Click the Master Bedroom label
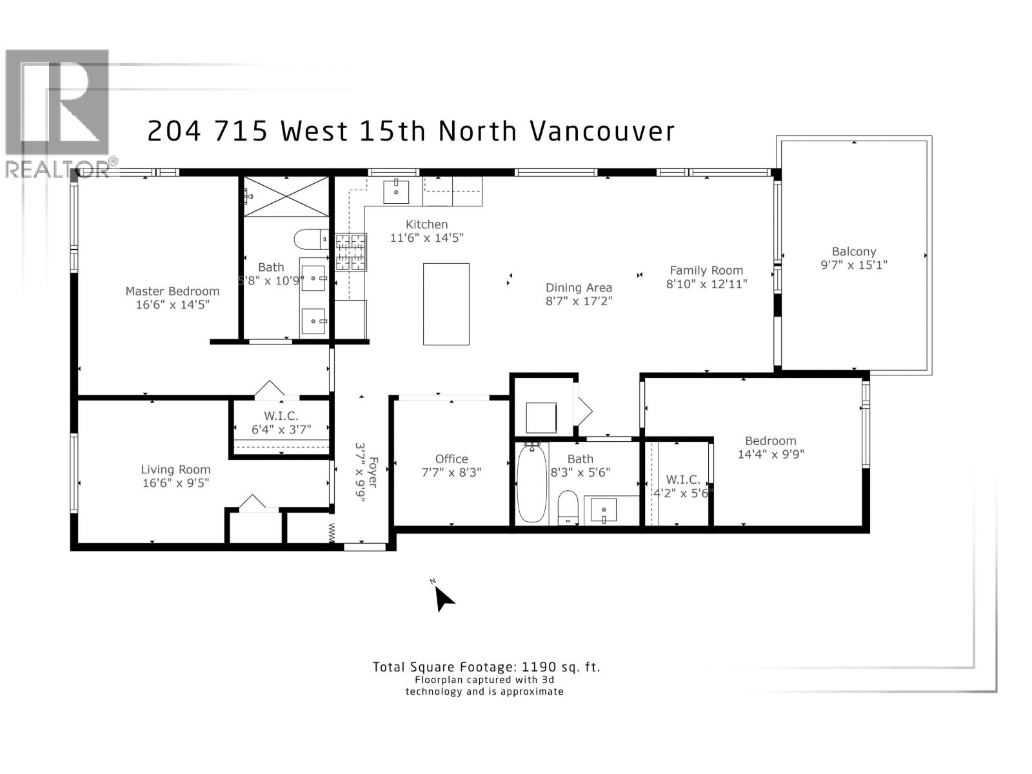[x=172, y=292]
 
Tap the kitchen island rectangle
[x=446, y=304]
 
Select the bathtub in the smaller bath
[x=531, y=484]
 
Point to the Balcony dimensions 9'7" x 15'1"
[x=854, y=265]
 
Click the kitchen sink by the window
[x=395, y=191]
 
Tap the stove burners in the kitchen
[x=350, y=252]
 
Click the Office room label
[x=451, y=459]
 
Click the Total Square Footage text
[x=486, y=668]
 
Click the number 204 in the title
[x=174, y=132]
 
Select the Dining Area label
[x=579, y=288]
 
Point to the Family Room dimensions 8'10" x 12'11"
[x=706, y=284]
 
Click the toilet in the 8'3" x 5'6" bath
[x=568, y=507]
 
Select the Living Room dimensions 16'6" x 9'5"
[x=176, y=483]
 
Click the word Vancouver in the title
[x=602, y=132]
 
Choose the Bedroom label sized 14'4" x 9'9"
[x=771, y=441]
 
